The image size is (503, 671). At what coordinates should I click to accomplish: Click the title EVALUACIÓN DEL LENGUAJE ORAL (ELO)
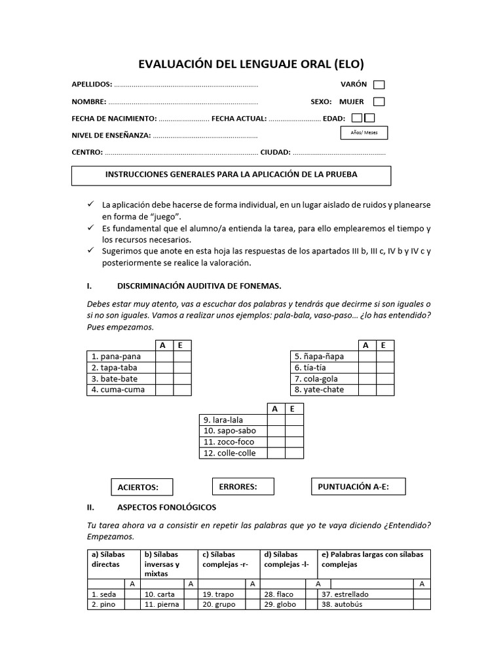click(x=251, y=64)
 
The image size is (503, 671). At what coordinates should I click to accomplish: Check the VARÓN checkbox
click(x=379, y=85)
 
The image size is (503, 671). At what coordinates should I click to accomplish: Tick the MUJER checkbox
click(x=379, y=102)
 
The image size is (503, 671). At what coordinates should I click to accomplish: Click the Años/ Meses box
click(x=364, y=133)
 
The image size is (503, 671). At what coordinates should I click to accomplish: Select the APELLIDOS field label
click(x=92, y=85)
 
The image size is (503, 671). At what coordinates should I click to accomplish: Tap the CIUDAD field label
click(x=275, y=152)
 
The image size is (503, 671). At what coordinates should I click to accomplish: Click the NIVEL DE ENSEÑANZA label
click(x=111, y=136)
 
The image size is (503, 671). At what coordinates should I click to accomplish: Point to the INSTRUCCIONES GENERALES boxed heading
click(x=231, y=176)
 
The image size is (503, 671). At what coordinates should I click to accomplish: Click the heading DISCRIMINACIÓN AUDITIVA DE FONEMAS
click(x=199, y=286)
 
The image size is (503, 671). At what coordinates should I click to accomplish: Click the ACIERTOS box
click(x=142, y=488)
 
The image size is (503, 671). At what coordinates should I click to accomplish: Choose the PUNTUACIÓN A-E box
click(x=358, y=487)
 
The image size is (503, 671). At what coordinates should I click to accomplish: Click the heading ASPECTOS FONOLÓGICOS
click(x=166, y=507)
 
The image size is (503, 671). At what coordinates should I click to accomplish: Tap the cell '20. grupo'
click(x=221, y=604)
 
